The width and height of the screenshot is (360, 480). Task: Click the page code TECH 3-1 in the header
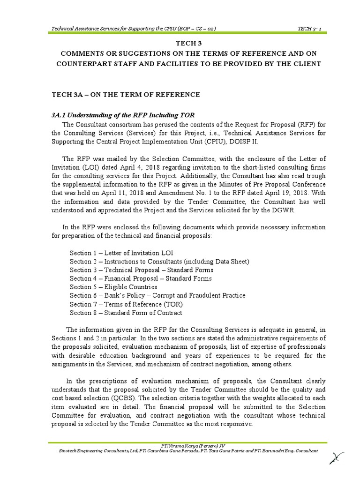309,30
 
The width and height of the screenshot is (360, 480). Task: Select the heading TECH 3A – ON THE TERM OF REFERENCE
125,95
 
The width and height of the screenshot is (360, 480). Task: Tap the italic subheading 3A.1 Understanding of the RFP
122,115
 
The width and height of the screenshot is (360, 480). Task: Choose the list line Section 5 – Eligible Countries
113,287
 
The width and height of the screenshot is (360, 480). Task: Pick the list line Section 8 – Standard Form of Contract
126,313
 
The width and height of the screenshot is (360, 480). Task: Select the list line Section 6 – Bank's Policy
157,295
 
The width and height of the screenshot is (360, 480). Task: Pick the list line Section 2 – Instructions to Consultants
159,262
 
